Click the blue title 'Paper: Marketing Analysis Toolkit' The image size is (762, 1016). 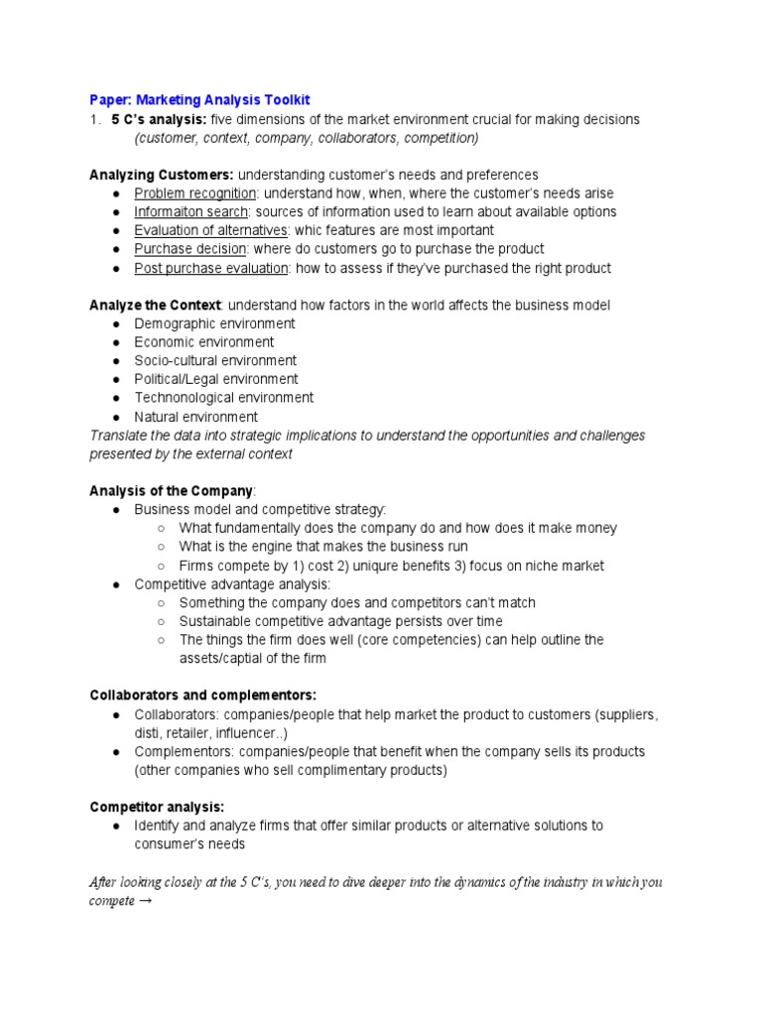tap(199, 100)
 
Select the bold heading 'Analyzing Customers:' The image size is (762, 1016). tap(162, 175)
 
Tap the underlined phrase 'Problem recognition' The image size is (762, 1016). tap(195, 193)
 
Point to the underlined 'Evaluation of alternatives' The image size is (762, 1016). tap(210, 230)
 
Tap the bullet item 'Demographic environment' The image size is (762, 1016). tap(214, 323)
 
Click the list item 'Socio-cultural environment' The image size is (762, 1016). tap(215, 360)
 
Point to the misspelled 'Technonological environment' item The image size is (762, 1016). tap(224, 398)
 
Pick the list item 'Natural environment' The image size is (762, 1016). tap(196, 417)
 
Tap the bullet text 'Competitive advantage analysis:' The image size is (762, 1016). tap(232, 584)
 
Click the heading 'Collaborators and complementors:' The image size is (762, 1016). tap(202, 695)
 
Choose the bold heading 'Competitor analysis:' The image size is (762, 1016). tap(157, 807)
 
